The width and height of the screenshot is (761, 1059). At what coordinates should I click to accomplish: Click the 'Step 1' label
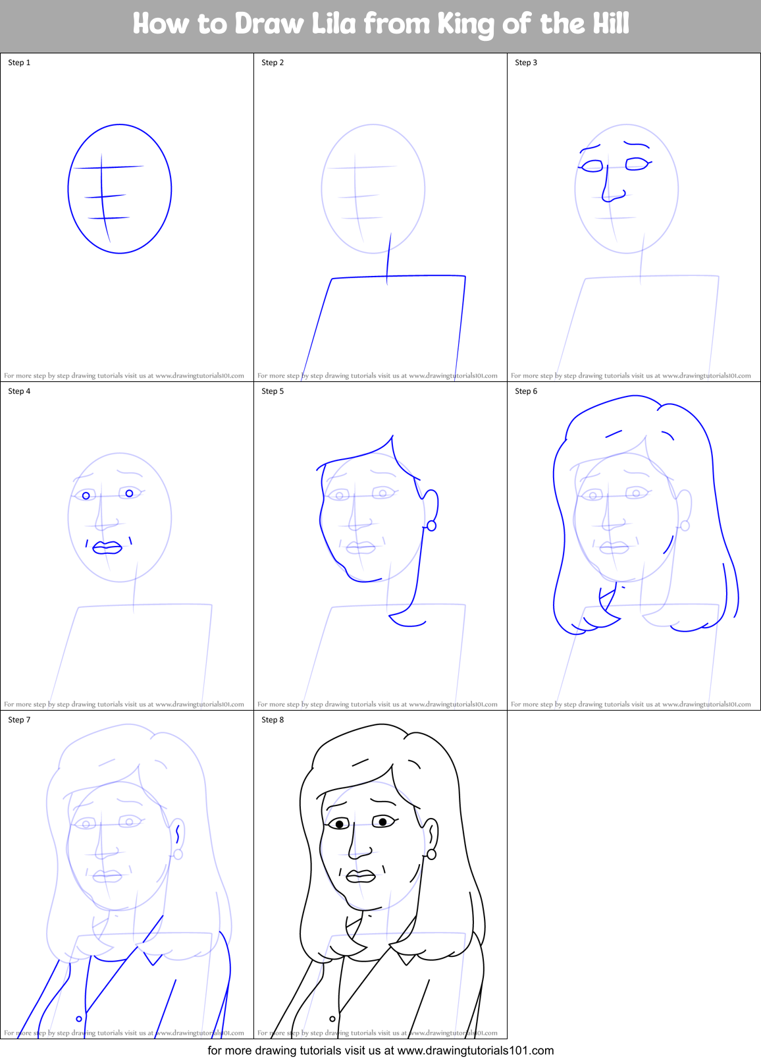tap(19, 63)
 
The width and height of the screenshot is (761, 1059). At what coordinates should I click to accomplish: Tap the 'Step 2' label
tap(273, 63)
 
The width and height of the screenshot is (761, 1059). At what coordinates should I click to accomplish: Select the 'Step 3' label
tap(526, 63)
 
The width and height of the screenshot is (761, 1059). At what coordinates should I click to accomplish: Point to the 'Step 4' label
tap(19, 391)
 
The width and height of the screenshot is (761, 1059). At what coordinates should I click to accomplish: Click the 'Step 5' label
tap(273, 391)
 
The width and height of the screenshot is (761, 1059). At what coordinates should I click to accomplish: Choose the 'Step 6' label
tap(526, 391)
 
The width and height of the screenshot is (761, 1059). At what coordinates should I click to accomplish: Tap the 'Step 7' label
tap(19, 720)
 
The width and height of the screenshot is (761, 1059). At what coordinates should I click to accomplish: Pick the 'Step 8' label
tap(273, 720)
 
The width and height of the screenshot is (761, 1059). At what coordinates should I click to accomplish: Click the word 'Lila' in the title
tap(334, 24)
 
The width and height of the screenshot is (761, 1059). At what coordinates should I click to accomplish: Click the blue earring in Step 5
tap(432, 526)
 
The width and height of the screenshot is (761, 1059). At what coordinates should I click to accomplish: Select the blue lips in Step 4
tap(107, 548)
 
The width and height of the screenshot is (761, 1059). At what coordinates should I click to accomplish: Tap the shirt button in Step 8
tap(332, 1019)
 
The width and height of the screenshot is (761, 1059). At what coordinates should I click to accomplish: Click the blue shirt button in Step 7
tap(79, 1019)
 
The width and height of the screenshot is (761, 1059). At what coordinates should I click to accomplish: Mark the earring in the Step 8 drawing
tap(432, 854)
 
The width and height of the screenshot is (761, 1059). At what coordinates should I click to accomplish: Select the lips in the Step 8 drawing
tap(360, 876)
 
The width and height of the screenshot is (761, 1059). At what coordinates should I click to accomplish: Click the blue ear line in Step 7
tap(178, 834)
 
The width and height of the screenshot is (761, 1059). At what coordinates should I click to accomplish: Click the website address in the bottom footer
tap(475, 1050)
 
